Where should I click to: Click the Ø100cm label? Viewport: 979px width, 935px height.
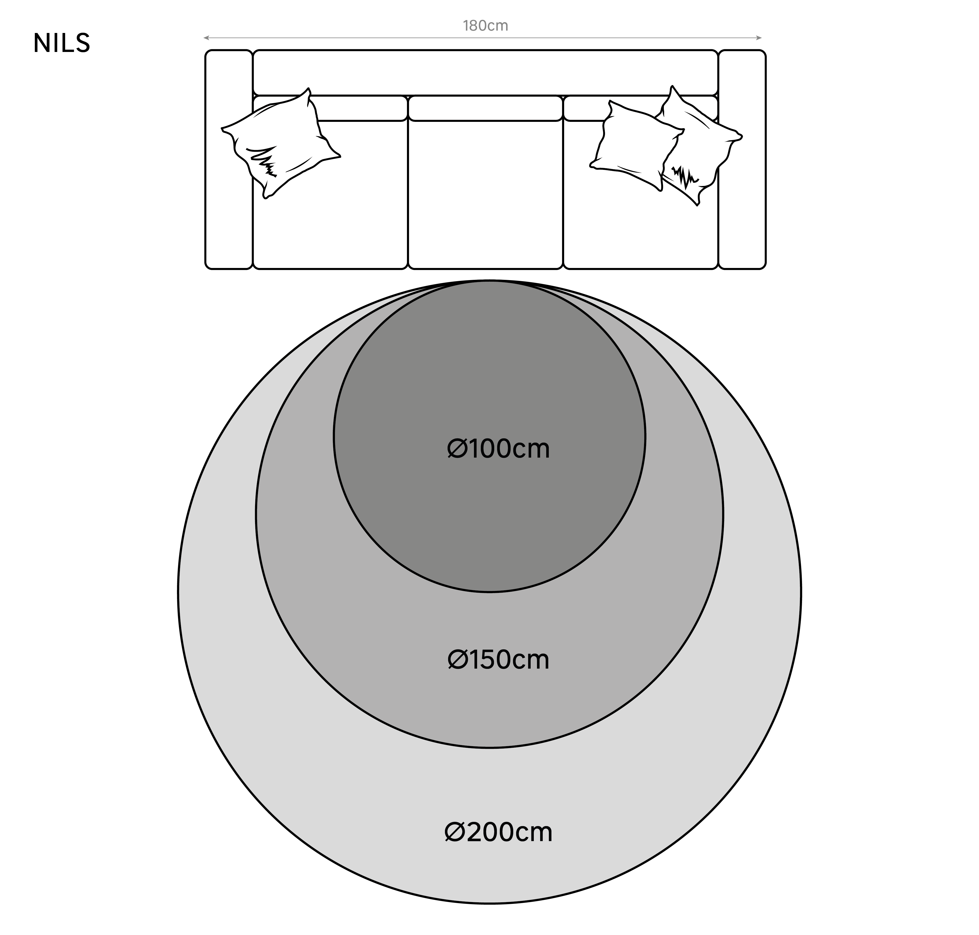(x=498, y=449)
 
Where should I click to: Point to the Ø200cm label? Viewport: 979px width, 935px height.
(x=498, y=832)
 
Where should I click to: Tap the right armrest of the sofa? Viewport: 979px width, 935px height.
(x=742, y=160)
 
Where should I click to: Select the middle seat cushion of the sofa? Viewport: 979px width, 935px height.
(x=485, y=194)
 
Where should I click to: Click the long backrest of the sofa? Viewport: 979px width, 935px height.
(x=485, y=72)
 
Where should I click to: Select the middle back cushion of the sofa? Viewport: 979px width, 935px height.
(x=485, y=108)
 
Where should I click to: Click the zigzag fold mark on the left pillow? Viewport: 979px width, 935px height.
(x=263, y=160)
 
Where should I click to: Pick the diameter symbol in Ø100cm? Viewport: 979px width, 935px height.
(x=457, y=449)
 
